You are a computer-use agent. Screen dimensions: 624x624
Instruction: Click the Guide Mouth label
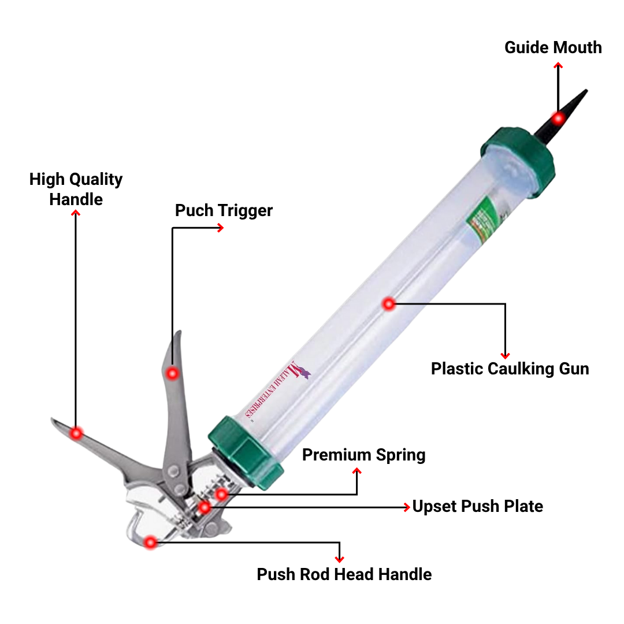point(553,47)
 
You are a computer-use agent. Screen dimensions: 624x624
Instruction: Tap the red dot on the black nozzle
point(558,118)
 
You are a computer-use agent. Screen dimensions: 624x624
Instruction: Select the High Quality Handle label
point(76,189)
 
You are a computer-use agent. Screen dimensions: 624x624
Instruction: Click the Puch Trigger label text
point(224,210)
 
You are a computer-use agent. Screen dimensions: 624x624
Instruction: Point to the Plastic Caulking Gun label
point(510,369)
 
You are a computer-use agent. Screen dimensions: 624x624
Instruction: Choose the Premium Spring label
point(363,455)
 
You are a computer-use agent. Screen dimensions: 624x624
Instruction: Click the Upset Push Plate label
point(477,507)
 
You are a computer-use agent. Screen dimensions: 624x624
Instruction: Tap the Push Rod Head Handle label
point(344,574)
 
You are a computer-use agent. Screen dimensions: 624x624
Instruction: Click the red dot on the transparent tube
point(389,303)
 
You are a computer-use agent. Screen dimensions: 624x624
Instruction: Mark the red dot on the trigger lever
point(172,373)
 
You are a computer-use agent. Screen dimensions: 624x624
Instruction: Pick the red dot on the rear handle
point(76,432)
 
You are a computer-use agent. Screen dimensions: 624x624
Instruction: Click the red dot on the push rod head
point(151,542)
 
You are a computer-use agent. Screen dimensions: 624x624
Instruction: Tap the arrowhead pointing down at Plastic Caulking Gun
point(505,355)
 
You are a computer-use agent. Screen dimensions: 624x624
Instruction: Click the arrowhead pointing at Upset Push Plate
point(407,507)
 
